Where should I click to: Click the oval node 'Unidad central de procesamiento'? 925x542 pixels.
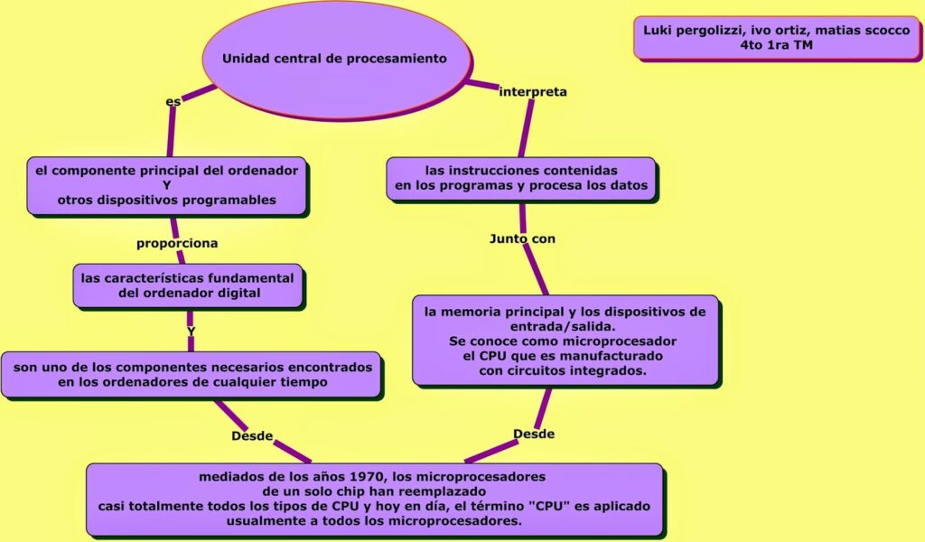[335, 60]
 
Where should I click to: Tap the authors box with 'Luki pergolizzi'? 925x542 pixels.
[776, 38]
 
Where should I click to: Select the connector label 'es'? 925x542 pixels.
[173, 102]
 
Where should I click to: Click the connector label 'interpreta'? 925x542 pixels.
[533, 91]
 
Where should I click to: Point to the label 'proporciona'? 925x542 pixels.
[177, 243]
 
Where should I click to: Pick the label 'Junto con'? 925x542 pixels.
[522, 238]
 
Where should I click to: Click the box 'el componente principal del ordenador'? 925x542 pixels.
[167, 185]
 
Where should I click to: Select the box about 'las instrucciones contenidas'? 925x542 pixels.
[521, 178]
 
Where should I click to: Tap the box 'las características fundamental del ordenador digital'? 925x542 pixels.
[187, 285]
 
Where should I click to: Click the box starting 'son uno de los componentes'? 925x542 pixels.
[191, 375]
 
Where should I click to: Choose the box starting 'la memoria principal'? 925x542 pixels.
[565, 341]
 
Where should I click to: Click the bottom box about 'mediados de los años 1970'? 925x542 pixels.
[374, 499]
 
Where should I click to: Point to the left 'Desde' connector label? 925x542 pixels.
[252, 435]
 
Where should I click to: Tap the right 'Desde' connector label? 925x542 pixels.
[534, 434]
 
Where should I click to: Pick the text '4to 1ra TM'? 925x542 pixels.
[776, 45]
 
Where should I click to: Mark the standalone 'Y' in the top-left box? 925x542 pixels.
[167, 185]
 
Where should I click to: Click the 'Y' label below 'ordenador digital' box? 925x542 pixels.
[191, 332]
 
